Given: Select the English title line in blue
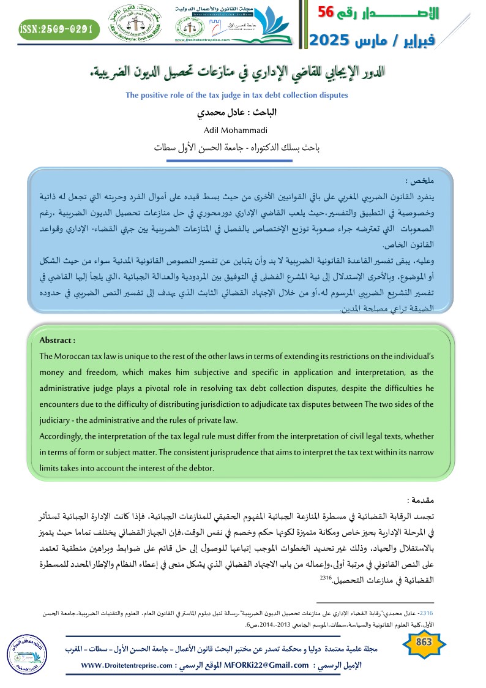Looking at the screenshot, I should coord(236,96).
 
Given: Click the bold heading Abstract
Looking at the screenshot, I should coord(57,340).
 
